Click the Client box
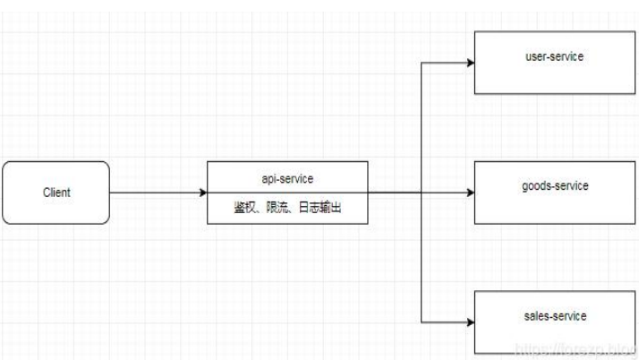tap(55, 192)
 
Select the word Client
tap(57, 193)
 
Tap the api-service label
tap(287, 179)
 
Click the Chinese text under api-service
tap(287, 208)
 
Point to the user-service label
tap(554, 56)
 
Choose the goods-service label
tap(554, 186)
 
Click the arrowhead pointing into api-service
tap(201, 193)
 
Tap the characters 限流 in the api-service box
tap(277, 208)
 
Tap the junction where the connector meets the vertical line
tap(422, 193)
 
